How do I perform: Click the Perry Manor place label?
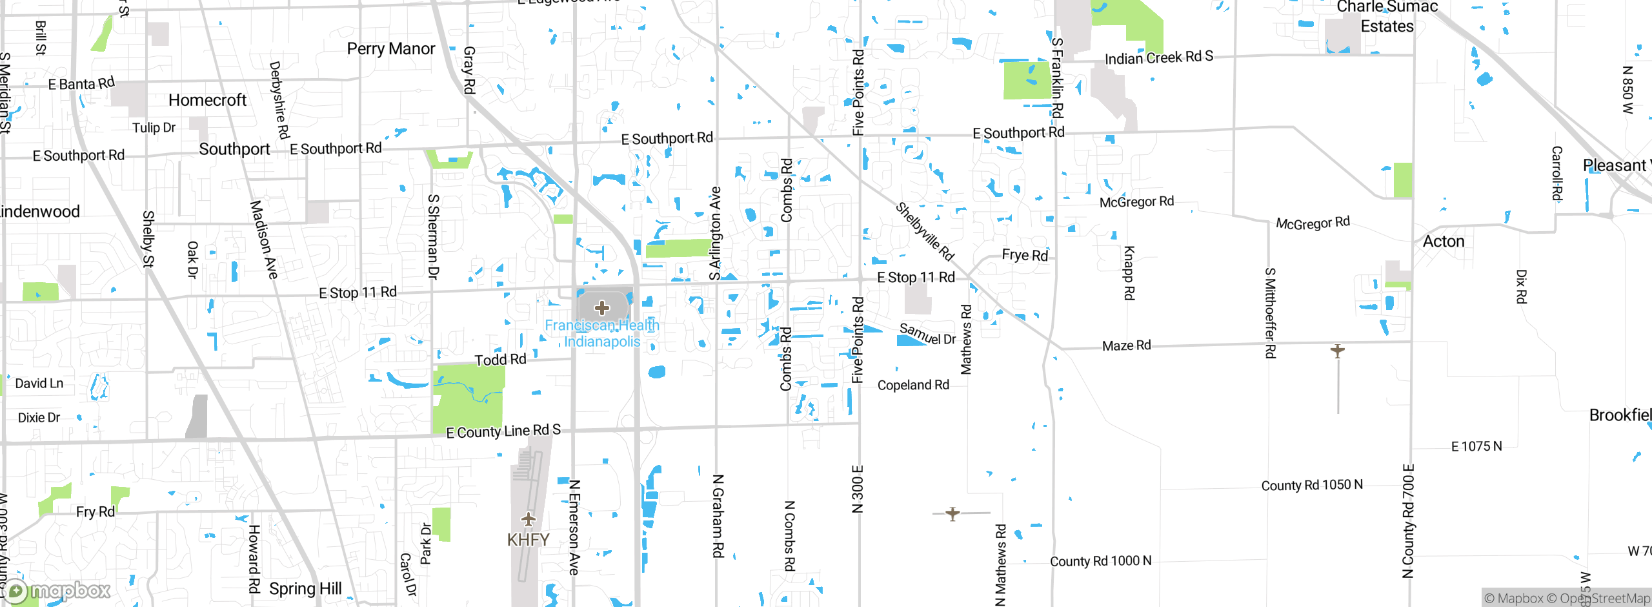tap(390, 49)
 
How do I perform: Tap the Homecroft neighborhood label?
tap(207, 100)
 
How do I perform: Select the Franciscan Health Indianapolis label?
tap(601, 333)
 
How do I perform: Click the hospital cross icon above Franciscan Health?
tap(601, 307)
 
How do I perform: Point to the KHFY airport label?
tap(528, 540)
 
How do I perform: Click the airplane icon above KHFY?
tap(529, 519)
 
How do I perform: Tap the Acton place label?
tap(1444, 242)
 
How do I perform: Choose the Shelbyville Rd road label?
tap(925, 231)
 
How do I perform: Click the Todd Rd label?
tap(500, 360)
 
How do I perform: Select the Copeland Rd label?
tap(913, 386)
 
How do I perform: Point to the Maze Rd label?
tap(1126, 346)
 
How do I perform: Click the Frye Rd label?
tap(1025, 255)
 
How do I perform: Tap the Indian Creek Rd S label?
tap(1158, 58)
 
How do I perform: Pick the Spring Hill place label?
tap(305, 589)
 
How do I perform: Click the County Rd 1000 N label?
tap(1100, 561)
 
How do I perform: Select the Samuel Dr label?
tap(927, 334)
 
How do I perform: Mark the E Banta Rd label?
tap(81, 84)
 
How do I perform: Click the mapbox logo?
tap(58, 590)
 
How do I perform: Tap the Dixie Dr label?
tap(39, 418)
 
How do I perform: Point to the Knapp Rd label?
tap(1129, 273)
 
